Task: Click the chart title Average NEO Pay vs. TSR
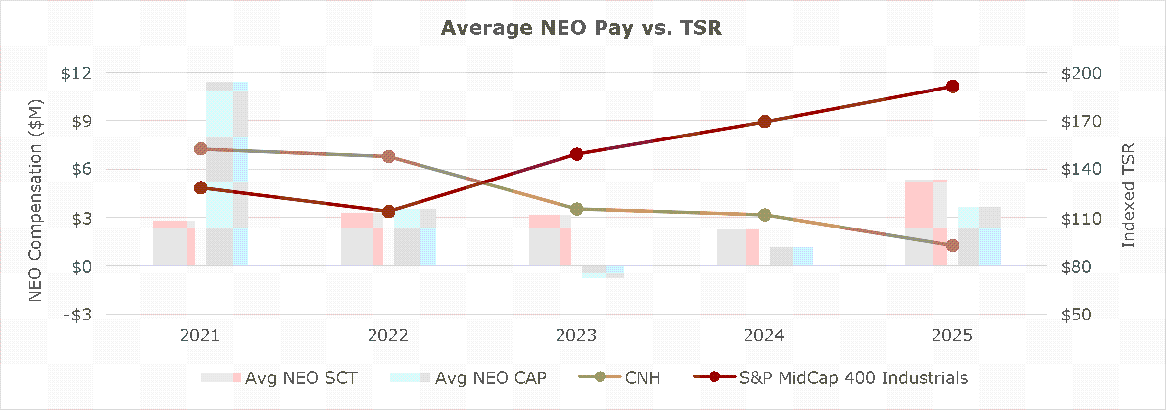(581, 28)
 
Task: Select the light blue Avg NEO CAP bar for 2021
(227, 173)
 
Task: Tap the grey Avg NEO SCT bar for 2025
(926, 223)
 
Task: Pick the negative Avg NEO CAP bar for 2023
(603, 272)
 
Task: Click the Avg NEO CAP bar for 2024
(791, 256)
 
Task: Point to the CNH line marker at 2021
(201, 149)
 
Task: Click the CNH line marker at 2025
(953, 245)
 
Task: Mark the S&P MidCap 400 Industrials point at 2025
(953, 87)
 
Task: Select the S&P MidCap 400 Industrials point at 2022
(389, 212)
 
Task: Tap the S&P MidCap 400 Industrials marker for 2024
(765, 121)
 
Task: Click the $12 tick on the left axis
(76, 74)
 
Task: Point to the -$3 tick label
(78, 315)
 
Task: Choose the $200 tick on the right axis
(1081, 74)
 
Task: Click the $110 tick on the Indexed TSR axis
(1081, 219)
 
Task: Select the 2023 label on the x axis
(576, 336)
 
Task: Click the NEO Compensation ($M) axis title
(35, 200)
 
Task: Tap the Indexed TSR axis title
(1128, 195)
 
